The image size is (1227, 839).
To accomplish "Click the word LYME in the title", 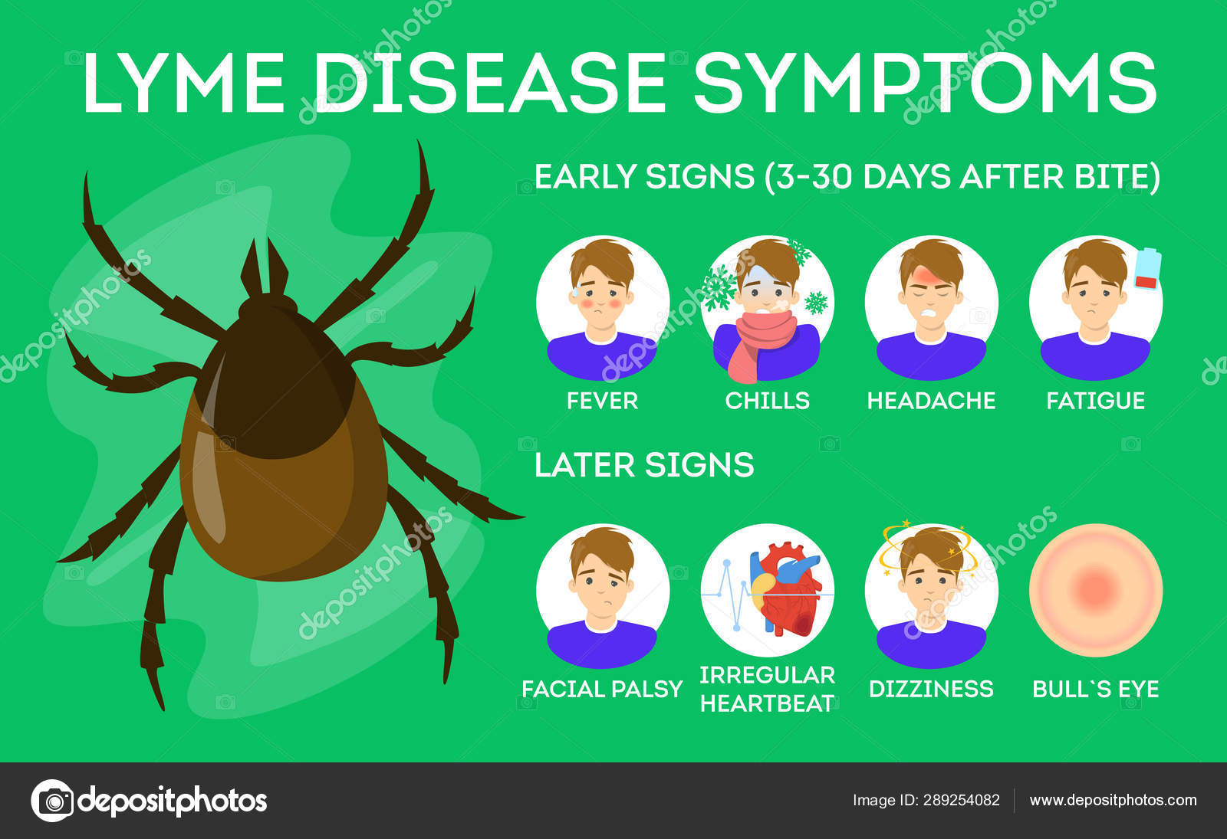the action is click(x=183, y=83).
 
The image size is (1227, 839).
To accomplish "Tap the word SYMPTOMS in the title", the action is click(x=925, y=83).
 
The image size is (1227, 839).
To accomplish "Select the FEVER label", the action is click(x=603, y=401).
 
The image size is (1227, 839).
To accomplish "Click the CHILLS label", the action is click(x=767, y=401).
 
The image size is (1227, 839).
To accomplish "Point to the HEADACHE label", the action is click(x=931, y=401).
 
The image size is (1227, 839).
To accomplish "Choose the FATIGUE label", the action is click(x=1096, y=401).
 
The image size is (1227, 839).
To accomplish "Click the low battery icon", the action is click(x=1147, y=269).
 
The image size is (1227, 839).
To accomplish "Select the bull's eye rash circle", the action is click(x=1096, y=590).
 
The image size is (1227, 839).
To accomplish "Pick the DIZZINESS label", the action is click(x=931, y=689).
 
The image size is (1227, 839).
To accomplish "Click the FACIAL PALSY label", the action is click(x=602, y=689).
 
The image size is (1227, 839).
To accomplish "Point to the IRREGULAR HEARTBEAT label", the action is click(x=768, y=690).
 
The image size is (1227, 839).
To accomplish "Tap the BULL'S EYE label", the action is click(x=1096, y=689).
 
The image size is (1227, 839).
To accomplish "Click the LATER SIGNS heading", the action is click(x=644, y=464).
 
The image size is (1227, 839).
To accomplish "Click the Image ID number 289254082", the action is click(x=962, y=800).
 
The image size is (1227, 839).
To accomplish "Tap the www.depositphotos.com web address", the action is click(x=1113, y=800).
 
